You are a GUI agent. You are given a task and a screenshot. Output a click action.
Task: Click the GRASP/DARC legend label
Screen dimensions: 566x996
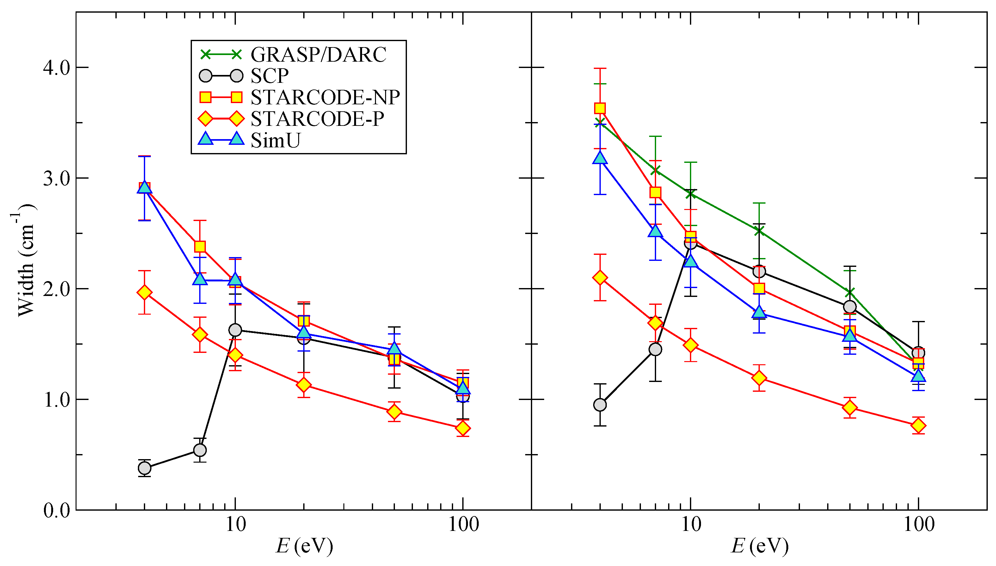[x=318, y=54]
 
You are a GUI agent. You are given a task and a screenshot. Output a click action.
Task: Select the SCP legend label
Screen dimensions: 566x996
[x=269, y=76]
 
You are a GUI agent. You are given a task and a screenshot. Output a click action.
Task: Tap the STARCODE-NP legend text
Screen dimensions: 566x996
[x=325, y=97]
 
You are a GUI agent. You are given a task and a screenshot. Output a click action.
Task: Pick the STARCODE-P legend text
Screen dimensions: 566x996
[x=317, y=119]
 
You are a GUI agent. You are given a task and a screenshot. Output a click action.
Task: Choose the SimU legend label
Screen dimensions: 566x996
[x=275, y=140]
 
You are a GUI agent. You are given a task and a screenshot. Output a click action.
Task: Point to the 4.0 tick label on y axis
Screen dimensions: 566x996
[x=56, y=68]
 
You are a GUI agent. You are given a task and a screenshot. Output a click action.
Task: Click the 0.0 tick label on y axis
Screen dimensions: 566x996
[x=56, y=510]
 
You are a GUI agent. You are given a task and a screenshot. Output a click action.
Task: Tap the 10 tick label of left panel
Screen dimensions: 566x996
[x=235, y=525]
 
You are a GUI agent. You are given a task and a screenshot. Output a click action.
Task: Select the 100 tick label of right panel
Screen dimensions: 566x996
[x=919, y=525]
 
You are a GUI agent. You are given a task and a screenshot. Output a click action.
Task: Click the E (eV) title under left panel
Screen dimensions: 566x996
[x=304, y=546]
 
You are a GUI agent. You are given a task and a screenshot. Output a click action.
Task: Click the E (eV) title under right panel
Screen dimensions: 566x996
[x=760, y=546]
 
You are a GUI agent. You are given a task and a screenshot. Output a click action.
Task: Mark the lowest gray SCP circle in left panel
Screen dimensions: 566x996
[x=144, y=468]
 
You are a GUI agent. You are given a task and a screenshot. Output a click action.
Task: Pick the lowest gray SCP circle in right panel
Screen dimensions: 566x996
[x=600, y=405]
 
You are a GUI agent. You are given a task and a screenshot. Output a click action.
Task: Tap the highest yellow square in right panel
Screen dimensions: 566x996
[x=600, y=108]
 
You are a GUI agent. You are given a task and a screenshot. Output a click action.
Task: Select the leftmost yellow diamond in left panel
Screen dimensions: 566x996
[x=144, y=292]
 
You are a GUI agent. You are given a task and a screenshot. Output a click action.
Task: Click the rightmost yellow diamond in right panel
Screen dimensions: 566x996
[x=918, y=426]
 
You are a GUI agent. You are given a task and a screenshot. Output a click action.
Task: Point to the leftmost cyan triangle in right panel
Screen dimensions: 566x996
[x=600, y=158]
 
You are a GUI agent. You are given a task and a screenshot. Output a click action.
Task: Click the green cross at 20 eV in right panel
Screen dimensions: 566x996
[x=759, y=231]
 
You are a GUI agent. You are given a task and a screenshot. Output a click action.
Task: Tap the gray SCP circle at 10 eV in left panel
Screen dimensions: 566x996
[x=235, y=330]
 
